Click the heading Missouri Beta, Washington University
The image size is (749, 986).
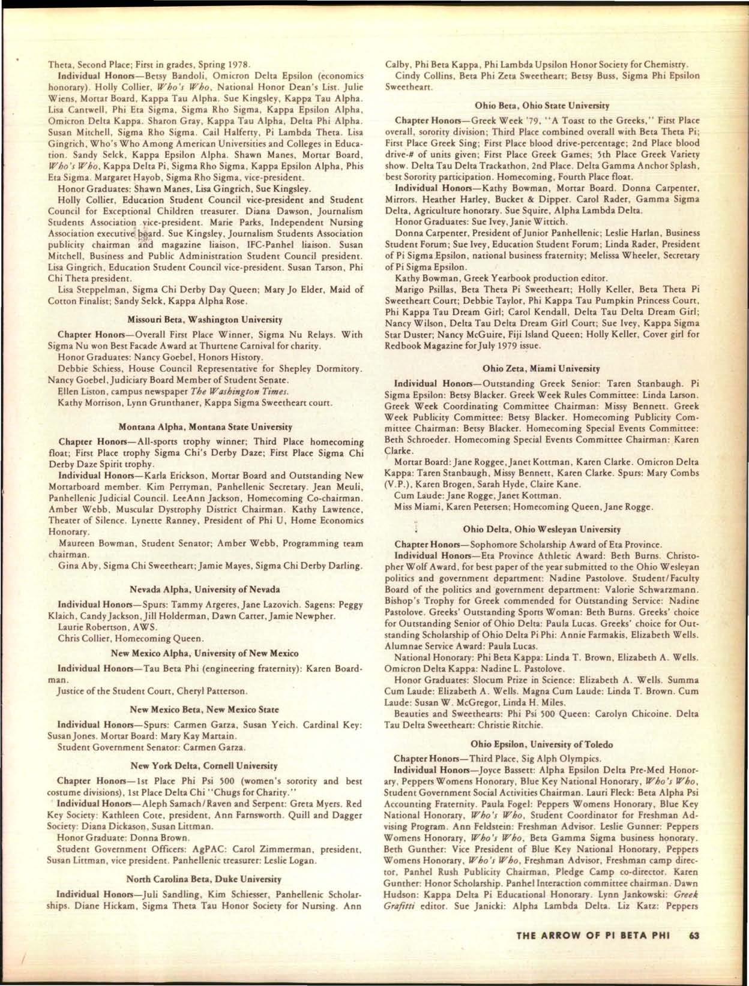[x=205, y=320]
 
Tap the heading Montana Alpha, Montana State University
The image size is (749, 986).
[x=206, y=427]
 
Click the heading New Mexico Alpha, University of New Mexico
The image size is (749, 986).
[x=205, y=653]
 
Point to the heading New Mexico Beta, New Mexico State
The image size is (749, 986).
[x=205, y=710]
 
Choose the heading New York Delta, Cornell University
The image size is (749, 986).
[x=205, y=766]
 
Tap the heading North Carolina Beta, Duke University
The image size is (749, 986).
[x=205, y=879]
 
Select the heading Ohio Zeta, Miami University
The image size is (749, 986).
[x=542, y=368]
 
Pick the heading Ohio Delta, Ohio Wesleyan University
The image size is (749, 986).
[x=542, y=530]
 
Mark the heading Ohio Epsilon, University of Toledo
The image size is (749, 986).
[x=542, y=744]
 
